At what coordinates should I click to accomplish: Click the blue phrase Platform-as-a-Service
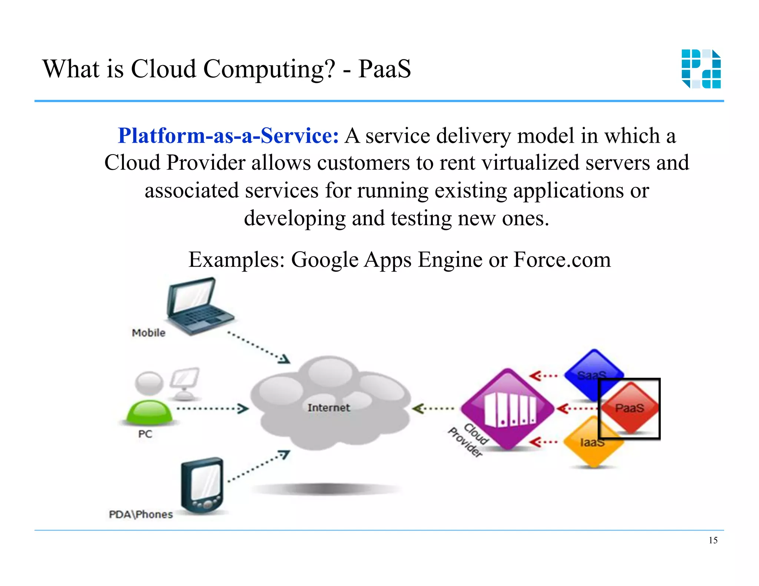[x=228, y=136]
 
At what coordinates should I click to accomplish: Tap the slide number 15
[x=713, y=540]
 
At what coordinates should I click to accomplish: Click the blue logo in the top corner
[x=701, y=69]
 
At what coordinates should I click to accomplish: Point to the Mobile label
[x=149, y=333]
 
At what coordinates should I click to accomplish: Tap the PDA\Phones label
[x=141, y=515]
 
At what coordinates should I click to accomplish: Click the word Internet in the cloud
[x=328, y=408]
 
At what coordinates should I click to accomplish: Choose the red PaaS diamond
[x=630, y=408]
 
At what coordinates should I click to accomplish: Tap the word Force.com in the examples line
[x=562, y=259]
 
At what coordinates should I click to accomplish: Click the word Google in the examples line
[x=325, y=259]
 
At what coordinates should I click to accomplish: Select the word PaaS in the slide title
[x=384, y=69]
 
